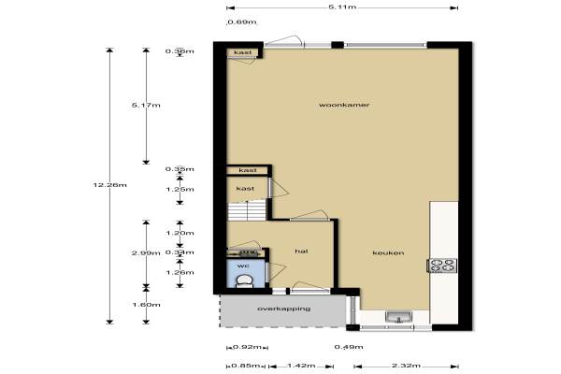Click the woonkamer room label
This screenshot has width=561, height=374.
click(x=344, y=105)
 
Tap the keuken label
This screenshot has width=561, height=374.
click(x=388, y=252)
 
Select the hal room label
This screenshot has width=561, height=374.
click(x=301, y=252)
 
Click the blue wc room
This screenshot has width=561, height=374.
click(x=245, y=273)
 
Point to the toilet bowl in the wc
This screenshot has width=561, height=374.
click(x=245, y=281)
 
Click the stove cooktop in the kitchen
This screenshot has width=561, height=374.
click(x=442, y=266)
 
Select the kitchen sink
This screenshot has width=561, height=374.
click(x=398, y=317)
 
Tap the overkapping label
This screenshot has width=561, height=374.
click(x=283, y=309)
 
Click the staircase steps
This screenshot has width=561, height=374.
click(x=247, y=210)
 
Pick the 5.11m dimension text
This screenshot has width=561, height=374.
click(x=342, y=7)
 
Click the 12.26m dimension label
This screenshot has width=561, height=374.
click(x=109, y=185)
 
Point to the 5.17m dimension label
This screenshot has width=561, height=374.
click(x=146, y=106)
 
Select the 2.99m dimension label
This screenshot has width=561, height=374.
click(x=146, y=253)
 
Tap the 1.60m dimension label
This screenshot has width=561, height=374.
click(x=146, y=305)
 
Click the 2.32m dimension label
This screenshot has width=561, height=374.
click(x=406, y=366)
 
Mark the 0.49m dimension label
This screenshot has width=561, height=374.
click(x=349, y=347)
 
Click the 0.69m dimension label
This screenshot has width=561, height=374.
click(x=242, y=22)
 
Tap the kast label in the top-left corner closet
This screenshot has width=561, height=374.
click(x=243, y=52)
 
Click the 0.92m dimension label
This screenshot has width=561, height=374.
click(x=247, y=347)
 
